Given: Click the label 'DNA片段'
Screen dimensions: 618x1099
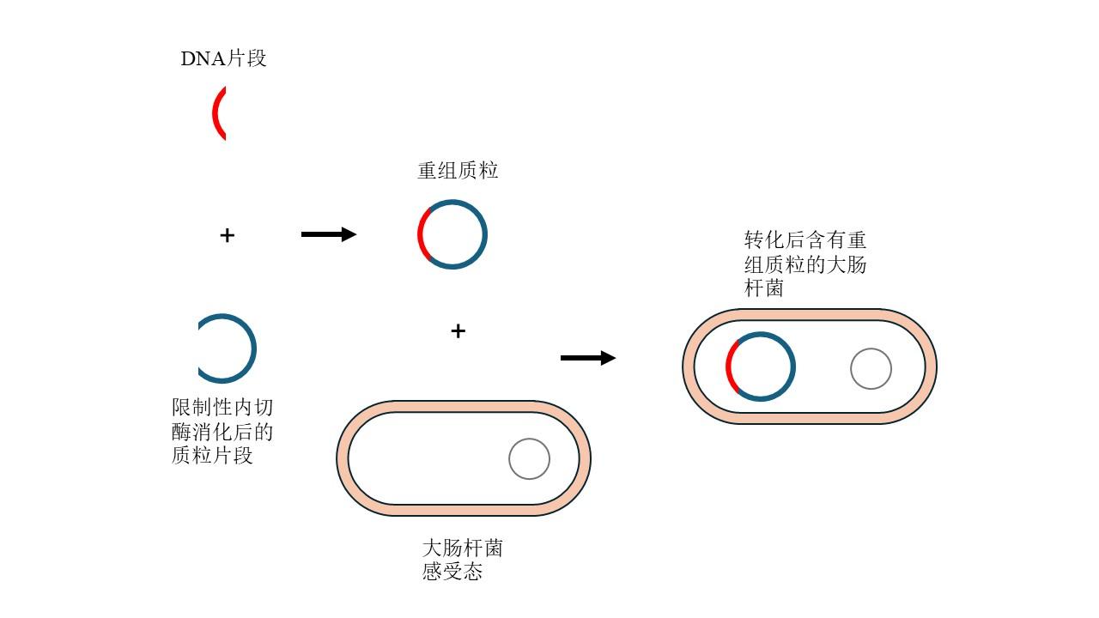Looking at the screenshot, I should pos(223,58).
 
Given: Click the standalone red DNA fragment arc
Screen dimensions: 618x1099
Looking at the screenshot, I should pos(216,113).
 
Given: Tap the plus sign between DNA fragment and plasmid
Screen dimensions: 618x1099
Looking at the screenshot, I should pos(227,235).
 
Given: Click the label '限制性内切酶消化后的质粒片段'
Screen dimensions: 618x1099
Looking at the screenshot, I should pos(222,431).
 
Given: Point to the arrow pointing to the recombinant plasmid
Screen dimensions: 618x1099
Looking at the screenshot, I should pos(328,234).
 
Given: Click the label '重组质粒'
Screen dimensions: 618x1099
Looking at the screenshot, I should pos(458,171).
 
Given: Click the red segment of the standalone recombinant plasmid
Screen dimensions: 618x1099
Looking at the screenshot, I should pos(422,234).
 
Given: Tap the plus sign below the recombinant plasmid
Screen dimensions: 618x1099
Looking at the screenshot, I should pos(458,331).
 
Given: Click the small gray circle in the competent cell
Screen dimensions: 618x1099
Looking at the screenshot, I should pos(529,459).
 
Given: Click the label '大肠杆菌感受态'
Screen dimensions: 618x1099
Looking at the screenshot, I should pos(462,560).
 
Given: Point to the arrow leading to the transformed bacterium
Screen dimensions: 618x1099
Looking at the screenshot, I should pos(588,358).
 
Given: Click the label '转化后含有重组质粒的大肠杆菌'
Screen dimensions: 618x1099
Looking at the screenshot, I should pos(805,264).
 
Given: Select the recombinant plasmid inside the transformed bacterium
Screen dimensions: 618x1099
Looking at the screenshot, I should pos(792,367).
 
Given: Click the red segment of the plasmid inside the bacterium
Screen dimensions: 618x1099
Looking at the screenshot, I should pos(730,367).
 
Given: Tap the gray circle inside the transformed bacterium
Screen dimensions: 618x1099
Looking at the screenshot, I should pos(871,369).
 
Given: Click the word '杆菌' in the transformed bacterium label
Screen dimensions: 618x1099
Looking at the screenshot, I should pos(764,288).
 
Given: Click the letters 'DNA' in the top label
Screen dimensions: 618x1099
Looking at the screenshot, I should pos(203,58).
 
